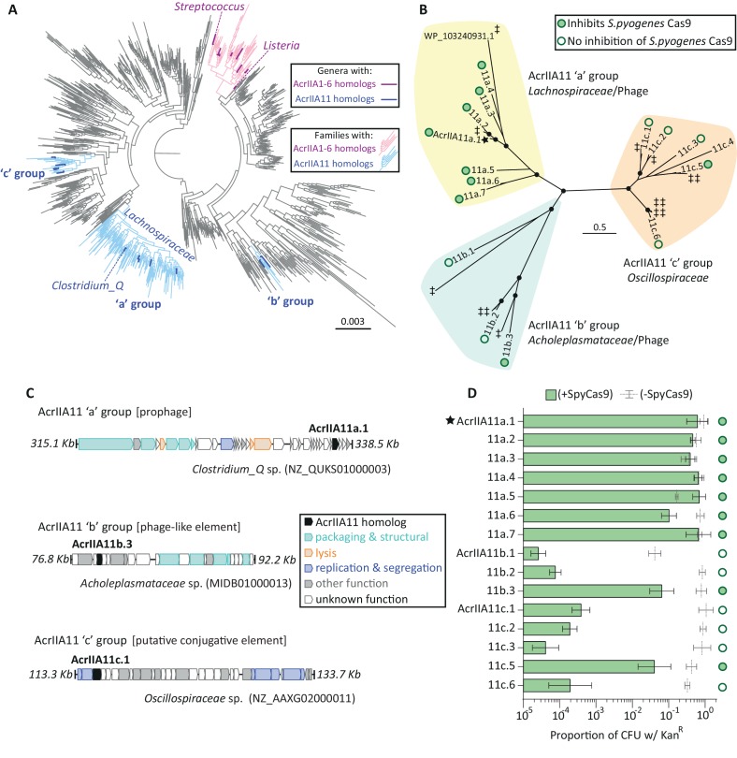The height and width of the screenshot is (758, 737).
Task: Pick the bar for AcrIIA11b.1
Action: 530,552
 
